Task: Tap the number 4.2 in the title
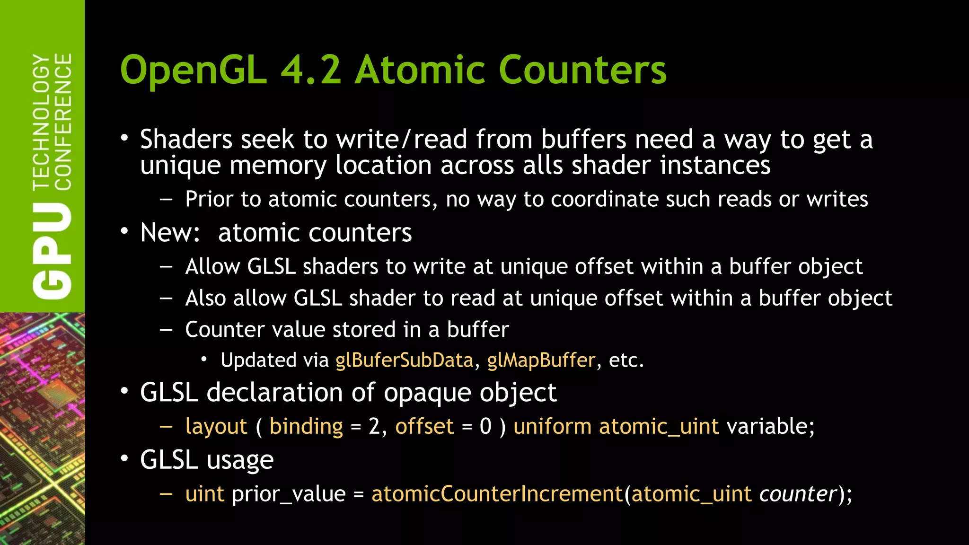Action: (x=311, y=70)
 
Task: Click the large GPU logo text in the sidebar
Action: (x=52, y=251)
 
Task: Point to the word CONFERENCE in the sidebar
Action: (x=63, y=122)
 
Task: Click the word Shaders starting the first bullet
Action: (x=186, y=140)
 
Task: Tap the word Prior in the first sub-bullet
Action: (x=209, y=199)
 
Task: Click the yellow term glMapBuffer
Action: (x=541, y=360)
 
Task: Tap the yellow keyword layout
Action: (x=216, y=427)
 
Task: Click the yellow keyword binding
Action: (x=306, y=427)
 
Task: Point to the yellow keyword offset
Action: (x=424, y=427)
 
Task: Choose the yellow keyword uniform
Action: (x=552, y=427)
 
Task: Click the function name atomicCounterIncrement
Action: (x=497, y=494)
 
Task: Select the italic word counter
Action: (x=798, y=494)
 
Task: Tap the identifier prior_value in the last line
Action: (x=289, y=494)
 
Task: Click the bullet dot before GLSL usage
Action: (x=124, y=458)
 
